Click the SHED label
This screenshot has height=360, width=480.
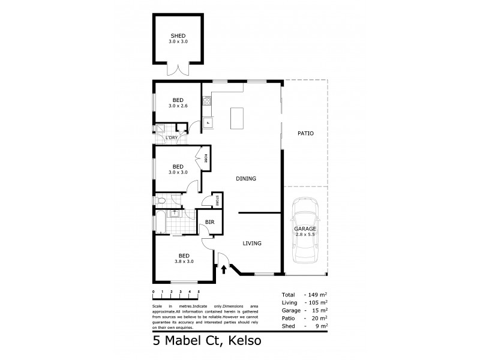pyautogui.click(x=178, y=36)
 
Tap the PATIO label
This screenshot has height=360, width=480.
pyautogui.click(x=305, y=133)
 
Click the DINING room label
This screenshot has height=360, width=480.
pyautogui.click(x=246, y=178)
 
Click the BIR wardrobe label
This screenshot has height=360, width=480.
pyautogui.click(x=209, y=223)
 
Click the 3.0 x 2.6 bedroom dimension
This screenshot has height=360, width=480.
pyautogui.click(x=178, y=106)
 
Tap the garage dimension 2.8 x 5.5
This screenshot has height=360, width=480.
pyautogui.click(x=305, y=235)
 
